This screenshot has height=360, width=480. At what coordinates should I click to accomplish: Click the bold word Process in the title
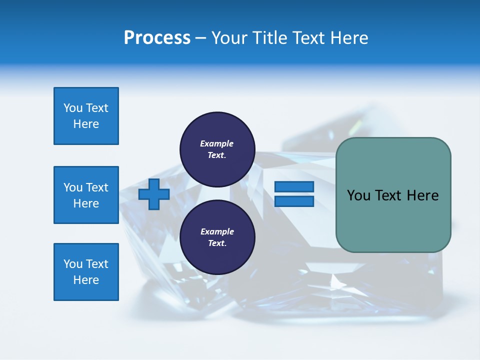click(x=157, y=38)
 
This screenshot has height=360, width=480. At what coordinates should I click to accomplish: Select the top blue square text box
click(x=86, y=116)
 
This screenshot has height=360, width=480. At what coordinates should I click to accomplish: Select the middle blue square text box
click(x=86, y=195)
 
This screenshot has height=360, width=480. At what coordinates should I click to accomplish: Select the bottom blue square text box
click(x=86, y=272)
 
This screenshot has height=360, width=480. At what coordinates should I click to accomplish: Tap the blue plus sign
click(x=154, y=194)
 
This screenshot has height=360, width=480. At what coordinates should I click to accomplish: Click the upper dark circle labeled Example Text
click(x=217, y=149)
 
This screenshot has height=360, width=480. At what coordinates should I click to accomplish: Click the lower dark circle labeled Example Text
click(x=217, y=237)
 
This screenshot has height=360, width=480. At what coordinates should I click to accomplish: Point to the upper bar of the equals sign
click(x=294, y=187)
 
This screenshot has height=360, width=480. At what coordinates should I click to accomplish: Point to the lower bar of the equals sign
click(x=294, y=201)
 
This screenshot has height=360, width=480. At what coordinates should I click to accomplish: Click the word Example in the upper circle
click(x=217, y=144)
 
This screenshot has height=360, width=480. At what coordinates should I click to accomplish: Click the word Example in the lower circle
click(x=217, y=232)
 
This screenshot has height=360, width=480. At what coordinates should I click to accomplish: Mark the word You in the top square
click(x=72, y=108)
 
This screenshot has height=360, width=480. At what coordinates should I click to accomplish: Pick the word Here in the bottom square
click(x=86, y=280)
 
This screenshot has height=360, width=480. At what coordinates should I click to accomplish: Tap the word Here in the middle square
click(x=86, y=203)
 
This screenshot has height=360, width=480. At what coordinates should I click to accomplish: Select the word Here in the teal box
click(x=423, y=195)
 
